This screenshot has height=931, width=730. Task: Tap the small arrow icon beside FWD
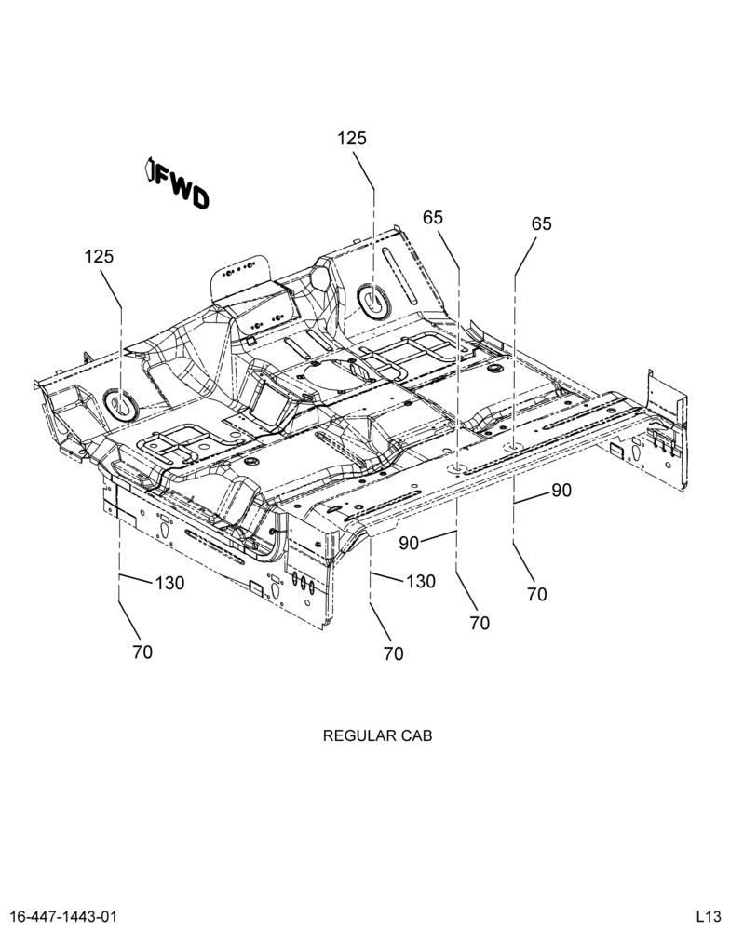pos(150,171)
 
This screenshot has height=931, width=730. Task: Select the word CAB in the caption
pos(416,735)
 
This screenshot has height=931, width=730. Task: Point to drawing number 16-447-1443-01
pos(64,915)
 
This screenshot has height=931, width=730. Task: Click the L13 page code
pos(709,915)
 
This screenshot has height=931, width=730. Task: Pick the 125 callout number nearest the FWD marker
pos(99,257)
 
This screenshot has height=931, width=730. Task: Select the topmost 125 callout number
pos(352,139)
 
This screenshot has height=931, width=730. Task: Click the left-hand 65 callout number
pos(433,218)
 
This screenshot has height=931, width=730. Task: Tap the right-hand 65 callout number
pos(541,223)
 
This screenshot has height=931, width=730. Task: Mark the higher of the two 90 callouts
pos(561,491)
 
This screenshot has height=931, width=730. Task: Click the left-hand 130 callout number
pos(169,583)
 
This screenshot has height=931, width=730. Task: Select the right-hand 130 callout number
pos(421,581)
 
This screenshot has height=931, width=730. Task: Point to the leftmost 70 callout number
pos(142,652)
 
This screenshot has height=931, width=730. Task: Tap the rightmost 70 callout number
pos(537,594)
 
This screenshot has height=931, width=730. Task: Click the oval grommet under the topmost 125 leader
pos(373,301)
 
